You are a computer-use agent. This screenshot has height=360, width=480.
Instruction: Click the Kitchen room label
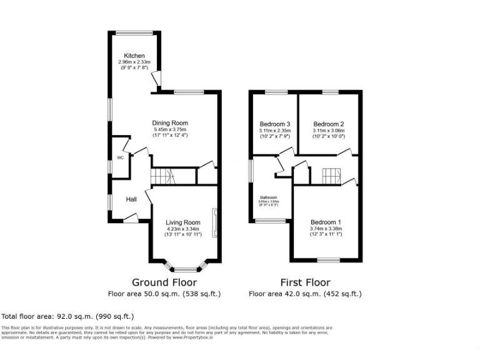pyautogui.click(x=134, y=55)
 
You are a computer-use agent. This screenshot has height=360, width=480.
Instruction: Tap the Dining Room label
pyautogui.click(x=170, y=123)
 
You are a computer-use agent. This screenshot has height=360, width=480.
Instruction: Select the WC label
pyautogui.click(x=120, y=158)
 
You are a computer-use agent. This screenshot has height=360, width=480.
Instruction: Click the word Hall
pyautogui.click(x=131, y=199)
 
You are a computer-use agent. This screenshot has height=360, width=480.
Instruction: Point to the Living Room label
pyautogui.click(x=182, y=222)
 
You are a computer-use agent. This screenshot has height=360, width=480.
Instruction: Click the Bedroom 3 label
pyautogui.click(x=275, y=124)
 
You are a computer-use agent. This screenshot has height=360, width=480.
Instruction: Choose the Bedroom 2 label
pyautogui.click(x=329, y=124)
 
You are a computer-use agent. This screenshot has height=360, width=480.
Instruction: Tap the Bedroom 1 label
pyautogui.click(x=326, y=222)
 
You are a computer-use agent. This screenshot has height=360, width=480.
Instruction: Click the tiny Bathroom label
pyautogui.click(x=269, y=198)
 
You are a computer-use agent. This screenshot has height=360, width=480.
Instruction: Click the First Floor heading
pyautogui.click(x=305, y=282)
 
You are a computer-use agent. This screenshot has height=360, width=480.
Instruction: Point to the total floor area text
pyautogui.click(x=67, y=316)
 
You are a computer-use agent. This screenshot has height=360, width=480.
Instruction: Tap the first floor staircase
pyautogui.click(x=329, y=176)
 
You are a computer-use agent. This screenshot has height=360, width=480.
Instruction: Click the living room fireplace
pyautogui.click(x=215, y=222)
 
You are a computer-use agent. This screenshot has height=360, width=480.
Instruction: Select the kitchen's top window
pyautogui.click(x=134, y=32)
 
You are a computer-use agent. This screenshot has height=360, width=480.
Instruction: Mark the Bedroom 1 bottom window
pyautogui.click(x=326, y=259)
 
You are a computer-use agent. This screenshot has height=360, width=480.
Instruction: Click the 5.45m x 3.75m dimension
pyautogui.click(x=170, y=130)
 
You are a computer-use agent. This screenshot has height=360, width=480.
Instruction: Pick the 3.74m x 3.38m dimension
pyautogui.click(x=326, y=229)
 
